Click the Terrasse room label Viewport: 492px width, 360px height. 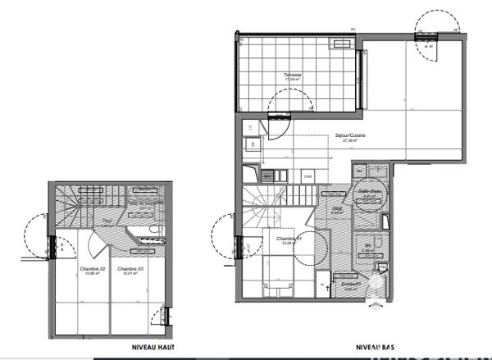click(293, 75)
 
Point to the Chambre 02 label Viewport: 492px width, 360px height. click(93, 268)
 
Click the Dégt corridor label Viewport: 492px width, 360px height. click(335, 208)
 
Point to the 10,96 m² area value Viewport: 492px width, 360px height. click(93, 274)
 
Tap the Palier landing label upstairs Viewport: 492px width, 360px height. click(107, 221)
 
